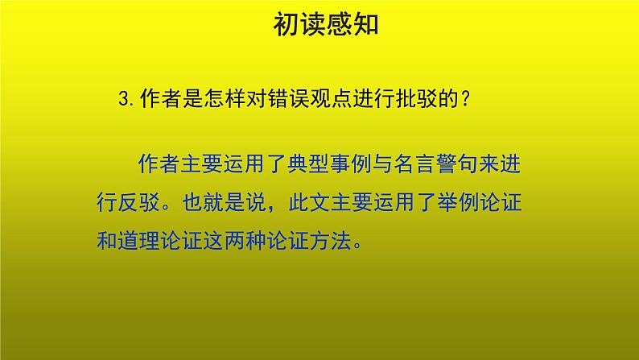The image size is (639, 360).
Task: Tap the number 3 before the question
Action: click(x=122, y=99)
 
